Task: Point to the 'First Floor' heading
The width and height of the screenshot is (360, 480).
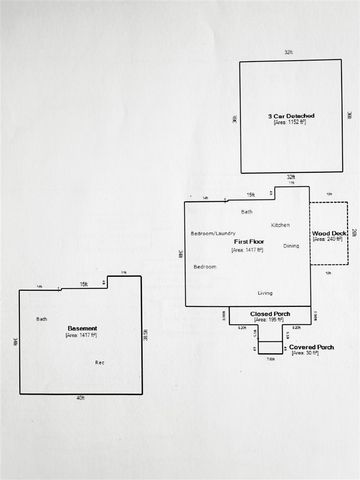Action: [x=247, y=243]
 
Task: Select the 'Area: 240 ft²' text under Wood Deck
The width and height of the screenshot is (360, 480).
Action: [x=328, y=240]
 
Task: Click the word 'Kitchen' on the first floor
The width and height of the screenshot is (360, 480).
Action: [x=280, y=224]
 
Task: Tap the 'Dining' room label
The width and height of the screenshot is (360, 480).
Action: [x=291, y=246]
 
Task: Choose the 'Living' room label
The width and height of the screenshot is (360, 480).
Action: [x=265, y=292]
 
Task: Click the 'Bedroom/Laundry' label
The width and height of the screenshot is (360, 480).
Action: [x=212, y=233]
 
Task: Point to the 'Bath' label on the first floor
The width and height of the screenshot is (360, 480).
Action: [x=247, y=212]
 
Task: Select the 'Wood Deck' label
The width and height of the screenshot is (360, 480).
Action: [x=328, y=233]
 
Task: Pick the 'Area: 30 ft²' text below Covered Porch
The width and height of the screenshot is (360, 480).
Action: [x=311, y=354]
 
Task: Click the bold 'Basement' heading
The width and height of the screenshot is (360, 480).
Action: [x=82, y=329]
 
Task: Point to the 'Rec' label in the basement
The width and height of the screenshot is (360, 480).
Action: [x=100, y=362]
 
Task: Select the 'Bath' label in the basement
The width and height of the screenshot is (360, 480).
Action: [x=42, y=319]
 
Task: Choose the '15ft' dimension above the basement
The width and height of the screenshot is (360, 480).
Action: [x=84, y=285]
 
